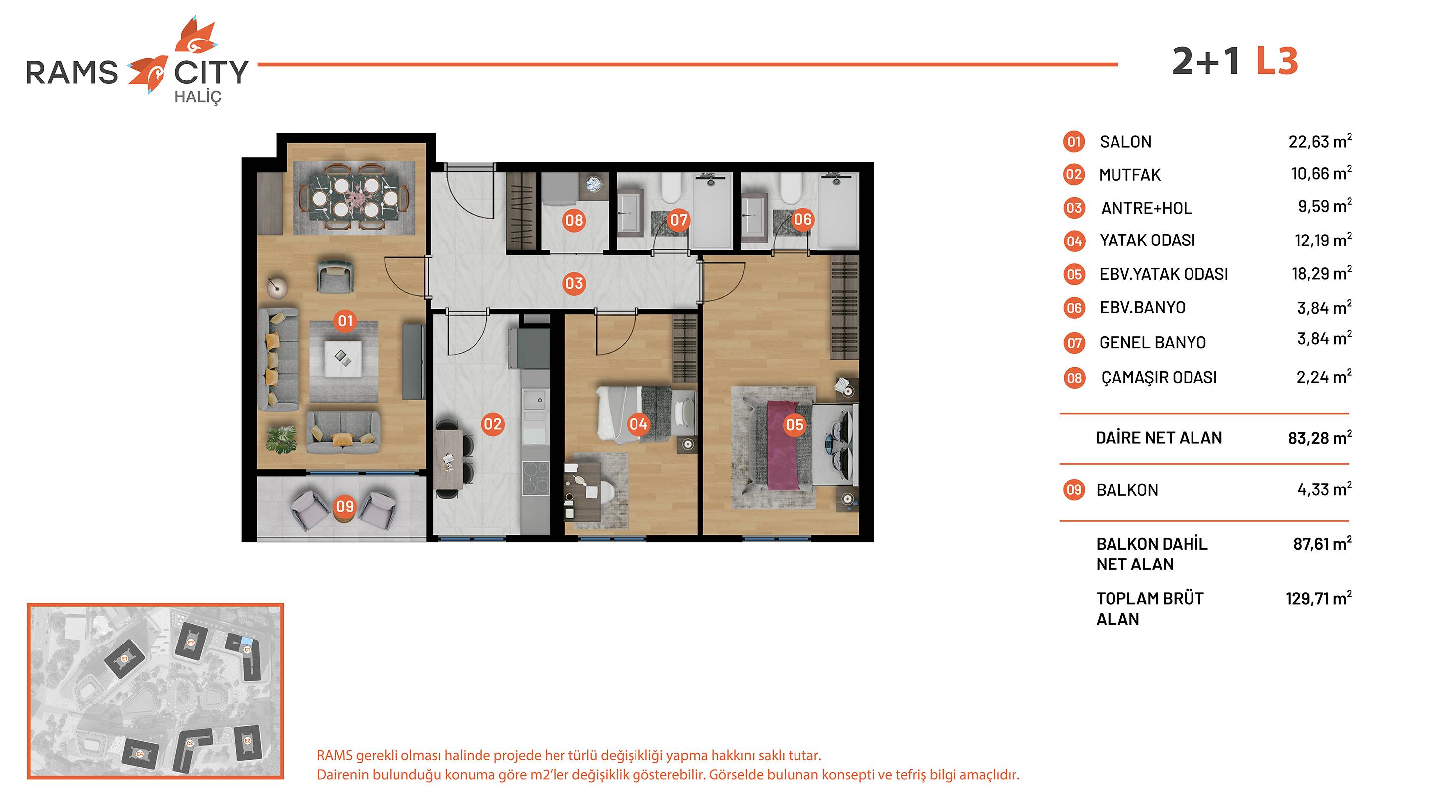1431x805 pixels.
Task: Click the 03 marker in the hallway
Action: (574, 284)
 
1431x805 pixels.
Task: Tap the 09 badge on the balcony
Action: (345, 506)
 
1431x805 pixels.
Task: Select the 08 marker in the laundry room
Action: (574, 221)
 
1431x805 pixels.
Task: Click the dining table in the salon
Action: (354, 198)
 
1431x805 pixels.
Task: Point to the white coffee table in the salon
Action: (343, 359)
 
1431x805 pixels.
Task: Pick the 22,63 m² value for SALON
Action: (1320, 141)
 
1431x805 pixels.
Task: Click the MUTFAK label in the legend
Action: (1129, 175)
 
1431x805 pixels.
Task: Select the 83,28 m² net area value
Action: (1320, 438)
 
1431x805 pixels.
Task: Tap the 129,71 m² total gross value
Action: (1319, 598)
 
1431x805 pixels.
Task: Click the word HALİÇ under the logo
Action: (198, 97)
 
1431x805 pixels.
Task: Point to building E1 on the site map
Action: (125, 659)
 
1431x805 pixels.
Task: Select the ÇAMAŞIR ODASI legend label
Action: (1159, 377)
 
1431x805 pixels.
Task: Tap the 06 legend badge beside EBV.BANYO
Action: (1074, 308)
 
